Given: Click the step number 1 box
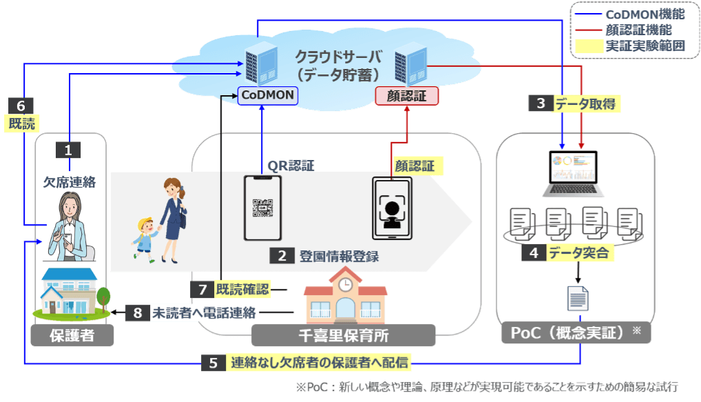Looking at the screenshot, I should (x=68, y=149).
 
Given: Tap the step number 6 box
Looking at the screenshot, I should (x=21, y=106).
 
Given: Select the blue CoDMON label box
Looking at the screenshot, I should (x=267, y=96).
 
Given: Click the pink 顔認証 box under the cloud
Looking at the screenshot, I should (x=407, y=96).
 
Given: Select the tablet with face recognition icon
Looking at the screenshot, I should (x=392, y=208).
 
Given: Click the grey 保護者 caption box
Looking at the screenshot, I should (x=72, y=336).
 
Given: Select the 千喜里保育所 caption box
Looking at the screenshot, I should (x=343, y=336).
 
